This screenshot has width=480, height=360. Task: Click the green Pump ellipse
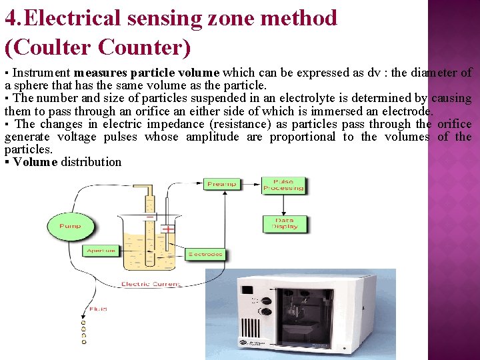70,226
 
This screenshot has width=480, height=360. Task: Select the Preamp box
221,183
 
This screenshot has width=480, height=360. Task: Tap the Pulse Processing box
283,185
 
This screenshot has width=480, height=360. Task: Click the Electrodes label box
205,254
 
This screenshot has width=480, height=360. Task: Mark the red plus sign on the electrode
168,229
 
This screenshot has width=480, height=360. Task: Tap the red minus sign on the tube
150,217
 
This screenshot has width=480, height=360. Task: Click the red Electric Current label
151,285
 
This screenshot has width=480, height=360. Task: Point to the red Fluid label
98,309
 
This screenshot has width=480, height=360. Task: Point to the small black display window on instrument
247,291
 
